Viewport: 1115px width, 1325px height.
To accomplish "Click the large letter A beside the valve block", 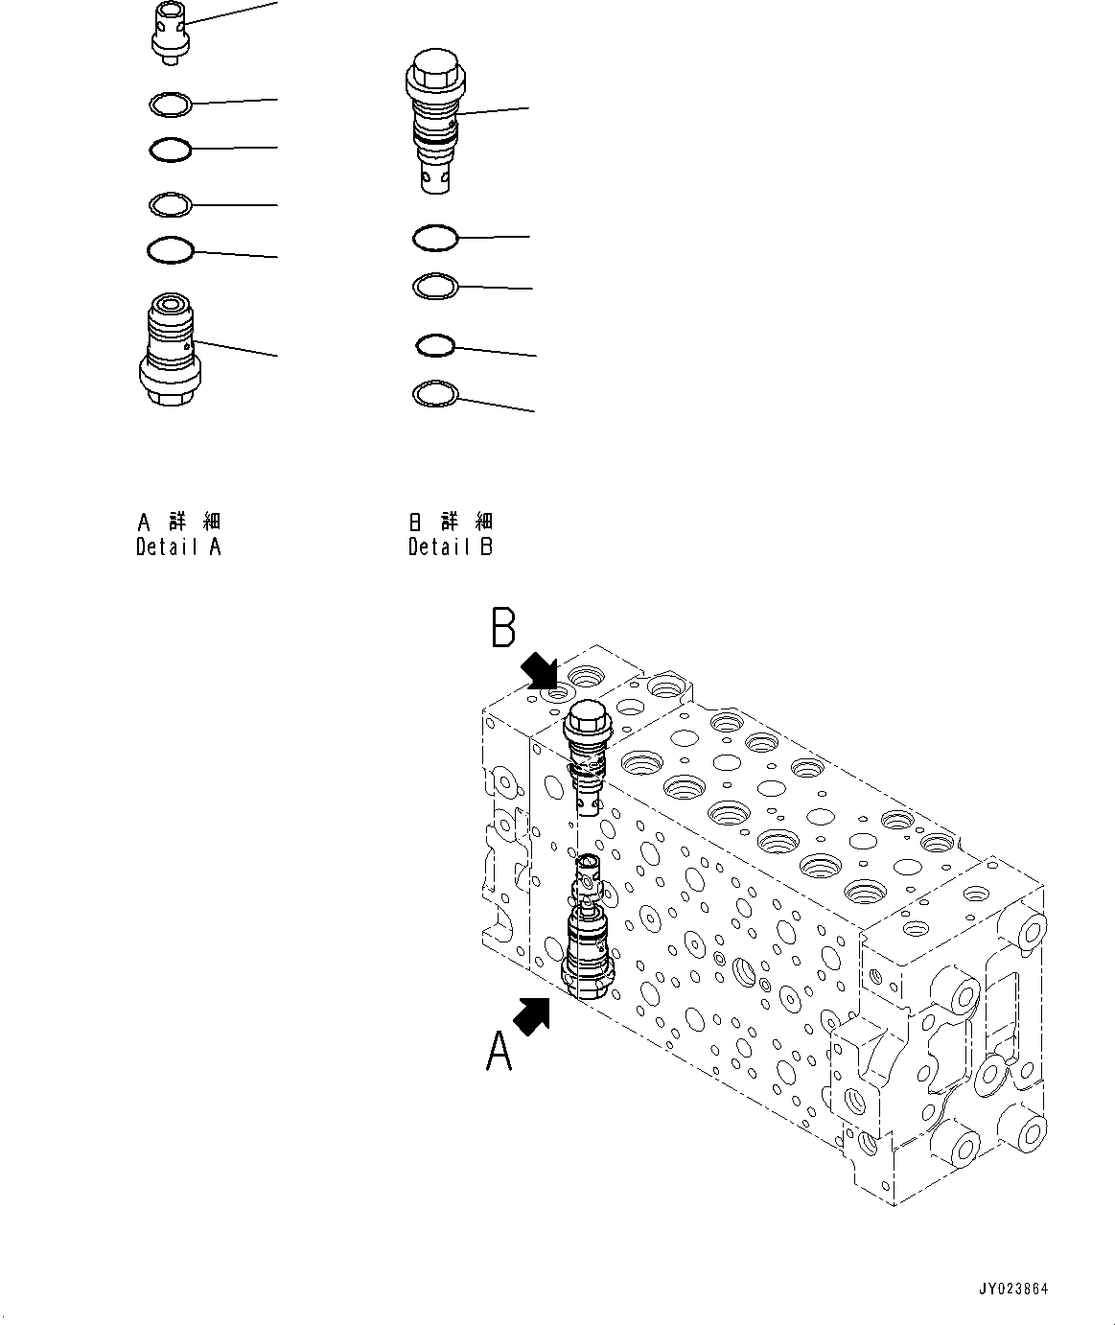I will tap(499, 1052).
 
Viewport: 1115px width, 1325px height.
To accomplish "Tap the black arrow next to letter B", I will tap(540, 671).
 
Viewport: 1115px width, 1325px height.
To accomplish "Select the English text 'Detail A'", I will tap(178, 547).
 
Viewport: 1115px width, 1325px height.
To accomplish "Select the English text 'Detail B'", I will tap(450, 547).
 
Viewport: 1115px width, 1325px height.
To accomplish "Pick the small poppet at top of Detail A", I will tap(170, 33).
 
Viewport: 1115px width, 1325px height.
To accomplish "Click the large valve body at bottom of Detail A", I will tap(170, 352).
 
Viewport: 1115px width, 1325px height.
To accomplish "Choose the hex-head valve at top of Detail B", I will tap(436, 125).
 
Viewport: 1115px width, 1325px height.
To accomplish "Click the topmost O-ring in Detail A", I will tap(172, 103).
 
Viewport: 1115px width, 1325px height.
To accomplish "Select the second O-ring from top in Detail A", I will tap(171, 150).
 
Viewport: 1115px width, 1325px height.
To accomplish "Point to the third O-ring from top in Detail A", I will tap(172, 204).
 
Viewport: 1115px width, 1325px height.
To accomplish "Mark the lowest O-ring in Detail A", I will tap(171, 250).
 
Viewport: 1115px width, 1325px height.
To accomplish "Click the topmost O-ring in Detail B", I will tap(434, 238).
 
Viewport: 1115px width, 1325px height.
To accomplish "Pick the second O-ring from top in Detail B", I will tap(435, 286).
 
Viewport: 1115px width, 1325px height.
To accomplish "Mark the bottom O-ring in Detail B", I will tap(434, 393).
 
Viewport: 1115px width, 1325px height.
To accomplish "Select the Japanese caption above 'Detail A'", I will tap(178, 522).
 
